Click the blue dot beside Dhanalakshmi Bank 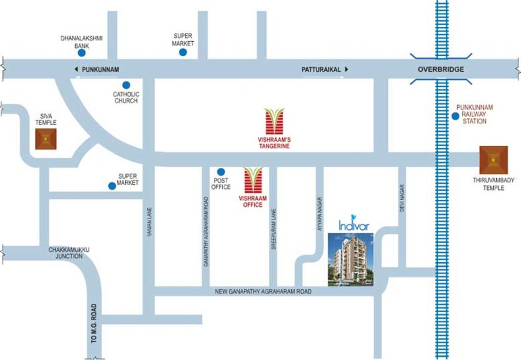pyautogui.click(x=82, y=53)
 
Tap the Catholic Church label pyautogui.click(x=126, y=97)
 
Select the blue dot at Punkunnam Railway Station pyautogui.click(x=455, y=116)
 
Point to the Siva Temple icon pyautogui.click(x=45, y=139)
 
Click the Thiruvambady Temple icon pyautogui.click(x=493, y=160)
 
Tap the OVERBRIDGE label pyautogui.click(x=441, y=69)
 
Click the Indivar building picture pyautogui.click(x=350, y=260)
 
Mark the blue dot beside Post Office pyautogui.click(x=221, y=172)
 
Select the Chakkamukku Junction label pyautogui.click(x=69, y=253)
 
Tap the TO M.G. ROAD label pyautogui.click(x=94, y=323)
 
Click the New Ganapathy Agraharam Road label pyautogui.click(x=263, y=292)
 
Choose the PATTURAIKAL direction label pyautogui.click(x=320, y=69)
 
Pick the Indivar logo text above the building pyautogui.click(x=354, y=225)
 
